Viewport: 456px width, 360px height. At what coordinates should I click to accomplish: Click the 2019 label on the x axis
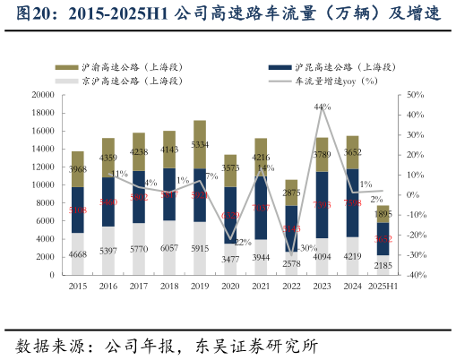click(x=200, y=287)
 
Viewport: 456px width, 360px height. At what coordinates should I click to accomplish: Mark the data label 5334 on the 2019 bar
click(x=200, y=144)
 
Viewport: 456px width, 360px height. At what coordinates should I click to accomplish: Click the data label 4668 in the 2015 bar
click(x=78, y=254)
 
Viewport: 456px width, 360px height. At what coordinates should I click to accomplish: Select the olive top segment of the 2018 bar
click(x=169, y=149)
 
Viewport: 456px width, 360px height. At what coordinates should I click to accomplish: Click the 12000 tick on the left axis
click(x=41, y=167)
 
